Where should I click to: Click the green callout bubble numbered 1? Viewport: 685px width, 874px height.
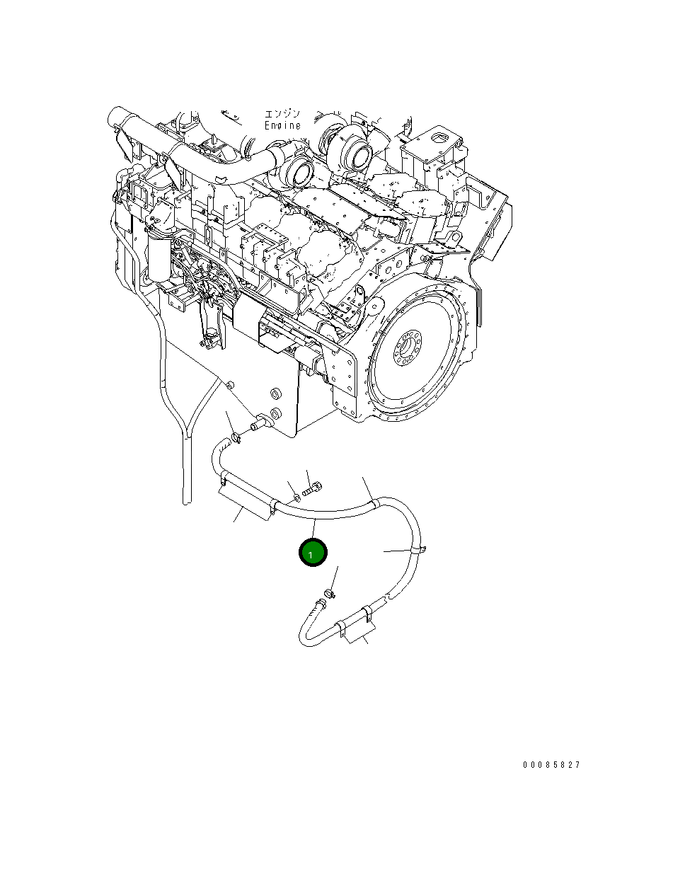[x=313, y=553]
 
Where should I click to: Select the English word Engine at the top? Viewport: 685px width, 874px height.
[x=282, y=125]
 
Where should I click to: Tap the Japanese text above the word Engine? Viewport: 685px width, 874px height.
[x=282, y=113]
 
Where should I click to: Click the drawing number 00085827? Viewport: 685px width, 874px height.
[x=551, y=765]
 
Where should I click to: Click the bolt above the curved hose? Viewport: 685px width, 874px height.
[x=313, y=488]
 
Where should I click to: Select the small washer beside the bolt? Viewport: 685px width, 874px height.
[x=293, y=490]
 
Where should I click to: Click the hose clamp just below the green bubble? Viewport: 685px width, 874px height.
[x=330, y=591]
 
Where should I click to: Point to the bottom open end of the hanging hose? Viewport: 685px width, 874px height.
[x=185, y=501]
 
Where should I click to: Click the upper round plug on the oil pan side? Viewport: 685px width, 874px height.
[x=277, y=391]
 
